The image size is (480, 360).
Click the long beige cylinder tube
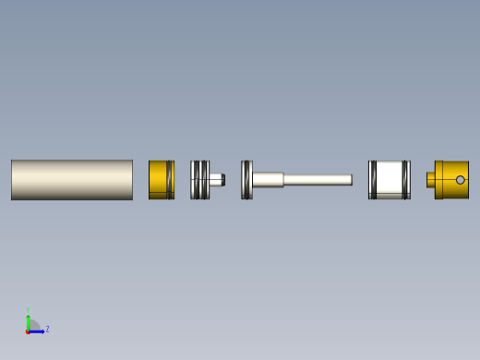(71, 180)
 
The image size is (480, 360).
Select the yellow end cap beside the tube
(158, 180)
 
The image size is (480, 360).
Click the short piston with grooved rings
(199, 180)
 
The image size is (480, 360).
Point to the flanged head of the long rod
(246, 180)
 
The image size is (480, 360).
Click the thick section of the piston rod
(268, 180)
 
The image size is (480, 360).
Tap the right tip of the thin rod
(350, 180)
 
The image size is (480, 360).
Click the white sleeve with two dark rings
(389, 180)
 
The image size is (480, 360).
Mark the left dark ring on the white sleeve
(373, 180)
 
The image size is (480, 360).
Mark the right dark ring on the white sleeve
(405, 180)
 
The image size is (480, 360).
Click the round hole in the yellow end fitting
(460, 180)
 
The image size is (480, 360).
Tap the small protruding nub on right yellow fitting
(430, 180)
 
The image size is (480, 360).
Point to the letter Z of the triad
(47, 329)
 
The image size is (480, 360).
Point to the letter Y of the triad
(28, 311)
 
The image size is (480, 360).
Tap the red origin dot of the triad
(28, 330)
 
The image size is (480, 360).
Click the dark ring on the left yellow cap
(169, 180)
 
